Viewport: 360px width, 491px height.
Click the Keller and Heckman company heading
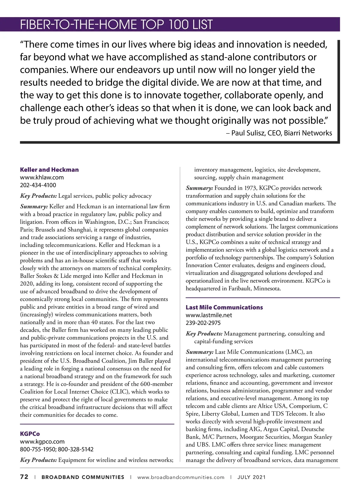[49, 170]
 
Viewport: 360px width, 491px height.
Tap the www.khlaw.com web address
[42, 177]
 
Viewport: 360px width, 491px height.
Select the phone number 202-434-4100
[38, 185]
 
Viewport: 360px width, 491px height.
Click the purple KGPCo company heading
[30, 434]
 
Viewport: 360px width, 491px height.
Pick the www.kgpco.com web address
[42, 442]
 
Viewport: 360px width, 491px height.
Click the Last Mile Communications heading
[224, 307]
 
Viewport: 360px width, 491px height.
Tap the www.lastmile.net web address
[209, 315]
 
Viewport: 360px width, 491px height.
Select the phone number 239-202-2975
[203, 323]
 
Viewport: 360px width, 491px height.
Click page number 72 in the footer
[24, 477]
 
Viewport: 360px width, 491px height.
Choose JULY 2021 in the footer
[251, 477]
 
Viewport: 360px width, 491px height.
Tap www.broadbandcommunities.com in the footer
[181, 477]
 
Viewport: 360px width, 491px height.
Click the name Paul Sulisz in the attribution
[248, 133]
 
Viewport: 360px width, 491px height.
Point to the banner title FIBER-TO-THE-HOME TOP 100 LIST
[116, 25]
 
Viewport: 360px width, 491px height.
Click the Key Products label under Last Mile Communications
[204, 334]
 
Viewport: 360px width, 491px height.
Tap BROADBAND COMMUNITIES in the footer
[83, 477]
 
